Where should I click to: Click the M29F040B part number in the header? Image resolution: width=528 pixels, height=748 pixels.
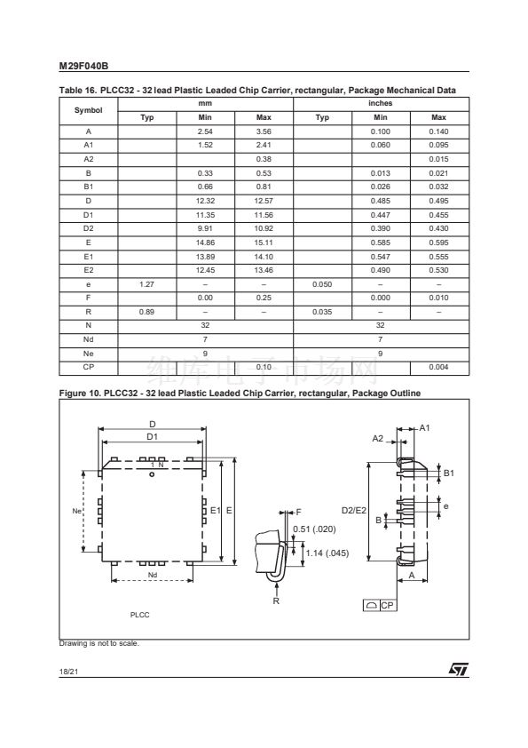tap(83, 67)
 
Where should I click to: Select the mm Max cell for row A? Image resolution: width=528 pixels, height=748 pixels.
tap(264, 131)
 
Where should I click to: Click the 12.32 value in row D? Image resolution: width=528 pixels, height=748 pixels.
tap(205, 201)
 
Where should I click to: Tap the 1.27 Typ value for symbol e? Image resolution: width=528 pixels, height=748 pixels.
tap(146, 284)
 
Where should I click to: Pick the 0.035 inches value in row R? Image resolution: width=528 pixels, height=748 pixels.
tap(322, 312)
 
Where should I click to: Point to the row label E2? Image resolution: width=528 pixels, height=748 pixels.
tap(89, 270)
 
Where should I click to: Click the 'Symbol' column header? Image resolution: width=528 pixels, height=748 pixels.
tap(88, 110)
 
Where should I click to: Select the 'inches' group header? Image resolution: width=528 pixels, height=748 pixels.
tap(381, 104)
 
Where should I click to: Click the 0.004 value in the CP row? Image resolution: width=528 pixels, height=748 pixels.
tap(438, 367)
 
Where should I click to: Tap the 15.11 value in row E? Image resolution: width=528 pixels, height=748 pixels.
tap(264, 243)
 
